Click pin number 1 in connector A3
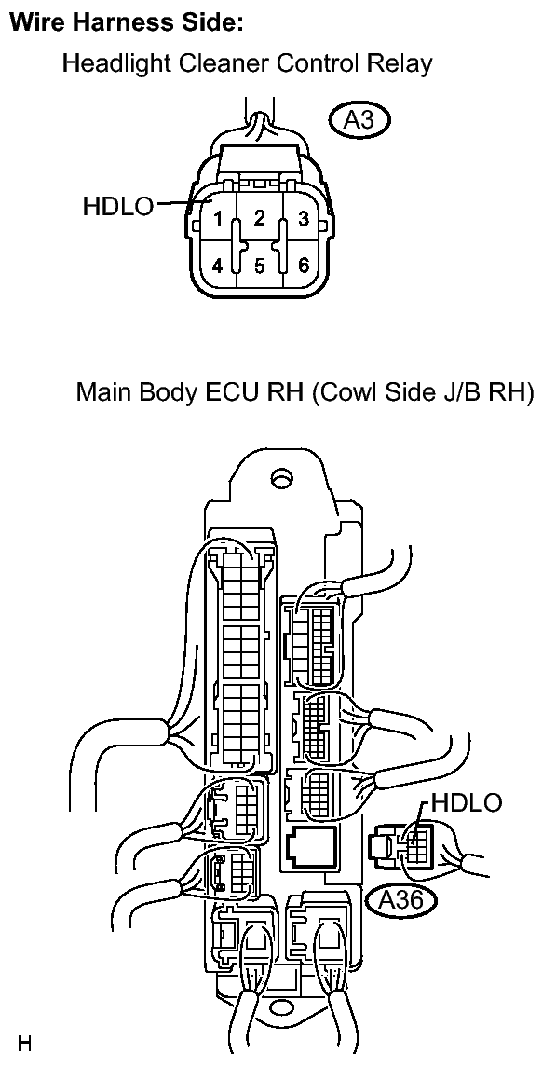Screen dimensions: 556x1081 (x=218, y=221)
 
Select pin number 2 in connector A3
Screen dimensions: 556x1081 (x=259, y=219)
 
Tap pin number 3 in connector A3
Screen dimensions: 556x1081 (x=303, y=221)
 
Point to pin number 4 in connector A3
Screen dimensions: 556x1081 (x=218, y=266)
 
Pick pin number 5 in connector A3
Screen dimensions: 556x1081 (x=259, y=267)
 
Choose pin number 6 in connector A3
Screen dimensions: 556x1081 (x=303, y=266)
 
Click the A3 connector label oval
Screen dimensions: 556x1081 (x=359, y=120)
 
